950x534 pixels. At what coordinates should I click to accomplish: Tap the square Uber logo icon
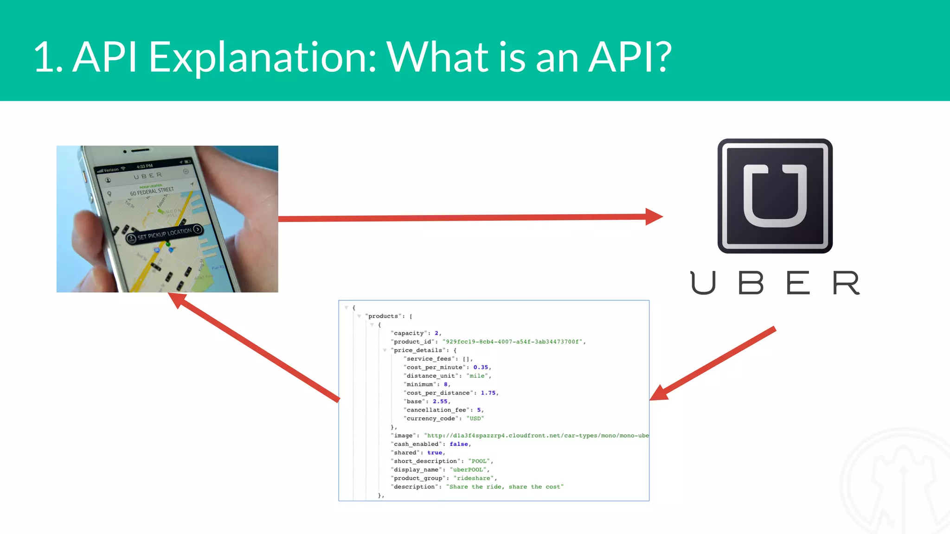[775, 196]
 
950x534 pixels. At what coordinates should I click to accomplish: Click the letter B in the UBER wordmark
[751, 283]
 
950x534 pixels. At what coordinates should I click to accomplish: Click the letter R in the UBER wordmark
[846, 283]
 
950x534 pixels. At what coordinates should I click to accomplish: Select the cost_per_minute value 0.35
[481, 367]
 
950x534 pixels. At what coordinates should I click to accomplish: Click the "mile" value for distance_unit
[477, 376]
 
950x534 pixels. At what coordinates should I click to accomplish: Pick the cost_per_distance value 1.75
[488, 393]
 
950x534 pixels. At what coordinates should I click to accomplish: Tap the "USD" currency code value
[475, 419]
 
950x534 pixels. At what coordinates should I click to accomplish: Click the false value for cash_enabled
[459, 444]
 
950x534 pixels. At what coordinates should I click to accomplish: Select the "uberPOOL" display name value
[469, 470]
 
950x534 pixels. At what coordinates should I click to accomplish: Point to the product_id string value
[513, 342]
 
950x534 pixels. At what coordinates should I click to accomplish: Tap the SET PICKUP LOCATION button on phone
[165, 234]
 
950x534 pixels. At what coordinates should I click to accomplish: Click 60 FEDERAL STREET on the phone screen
[152, 191]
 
